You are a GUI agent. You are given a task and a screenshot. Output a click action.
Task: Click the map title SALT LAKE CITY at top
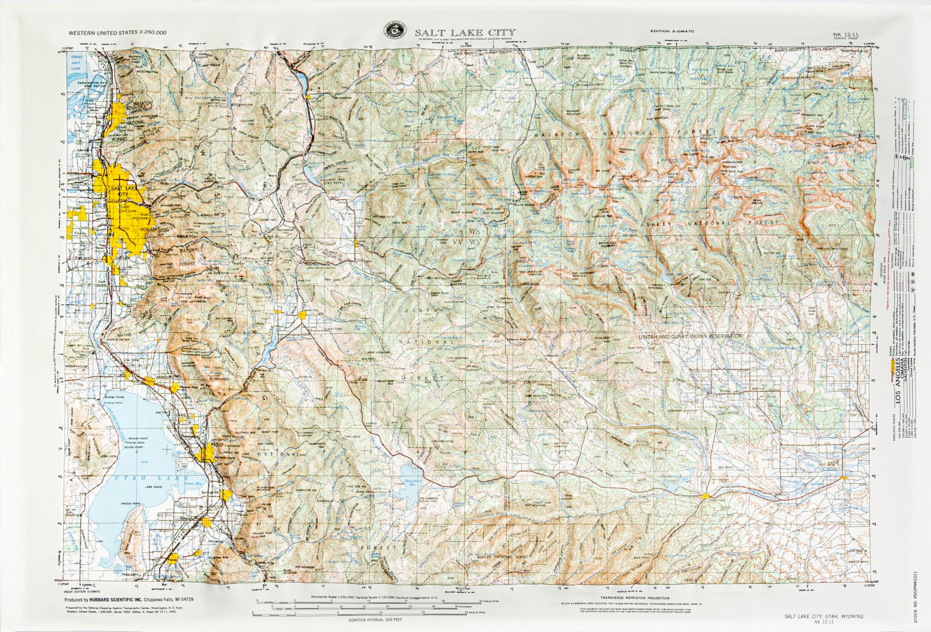466,32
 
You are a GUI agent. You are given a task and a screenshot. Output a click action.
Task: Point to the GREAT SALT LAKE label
76,63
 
